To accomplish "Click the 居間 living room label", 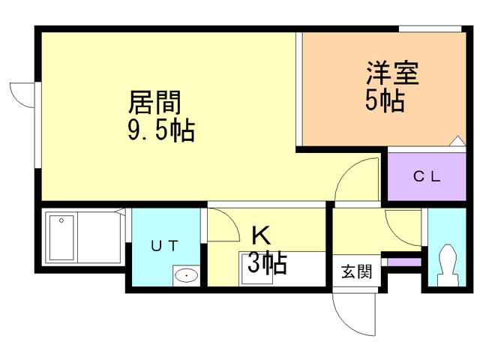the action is pos(154,102).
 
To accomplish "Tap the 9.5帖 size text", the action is pos(161,130).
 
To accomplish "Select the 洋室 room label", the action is pos(392,73).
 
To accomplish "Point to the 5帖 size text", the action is pos(385,100).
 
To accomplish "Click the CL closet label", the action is pos(427,177).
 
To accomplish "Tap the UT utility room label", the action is pos(165,245).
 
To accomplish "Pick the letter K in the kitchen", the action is pos(261,235).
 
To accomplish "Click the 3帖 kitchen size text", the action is pos(267,262).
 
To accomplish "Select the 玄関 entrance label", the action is pos(357,271).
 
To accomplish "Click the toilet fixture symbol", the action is pos(448,265).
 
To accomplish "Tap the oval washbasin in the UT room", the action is pos(186,275).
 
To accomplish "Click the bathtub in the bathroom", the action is pos(61,238).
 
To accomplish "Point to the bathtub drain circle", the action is pos(61,220).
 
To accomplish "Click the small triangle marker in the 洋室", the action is pos(457,140).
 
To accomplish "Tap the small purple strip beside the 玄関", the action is pos(404,262).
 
